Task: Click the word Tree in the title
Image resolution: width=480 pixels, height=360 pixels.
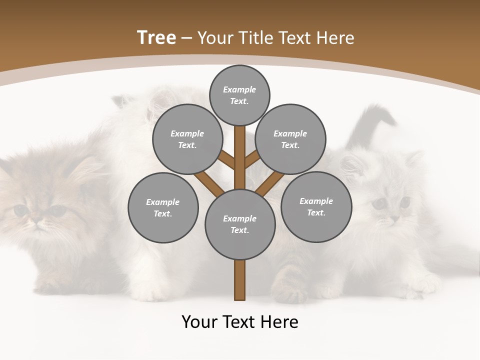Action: [x=156, y=37]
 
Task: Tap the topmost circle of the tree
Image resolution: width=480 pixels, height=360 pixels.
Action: [x=239, y=95]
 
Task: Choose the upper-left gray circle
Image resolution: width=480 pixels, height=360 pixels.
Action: [x=187, y=139]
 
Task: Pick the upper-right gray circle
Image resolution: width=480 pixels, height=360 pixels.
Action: [x=290, y=139]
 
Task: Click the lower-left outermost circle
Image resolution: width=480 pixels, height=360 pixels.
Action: [x=163, y=207]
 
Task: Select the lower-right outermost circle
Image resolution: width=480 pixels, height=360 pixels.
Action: [x=316, y=206]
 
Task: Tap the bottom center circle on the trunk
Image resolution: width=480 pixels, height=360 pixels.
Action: [x=240, y=224]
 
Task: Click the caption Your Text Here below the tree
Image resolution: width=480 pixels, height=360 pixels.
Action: [x=240, y=322]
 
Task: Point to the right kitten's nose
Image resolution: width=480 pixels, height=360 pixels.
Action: [x=395, y=218]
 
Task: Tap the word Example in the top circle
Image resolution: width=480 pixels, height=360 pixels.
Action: [x=239, y=90]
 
